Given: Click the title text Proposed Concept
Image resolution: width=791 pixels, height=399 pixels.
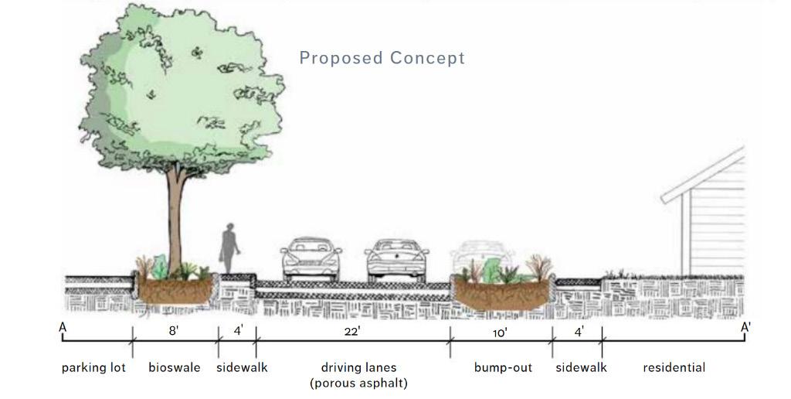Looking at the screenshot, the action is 382,58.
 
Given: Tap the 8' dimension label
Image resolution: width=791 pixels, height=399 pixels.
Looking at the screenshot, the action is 175,331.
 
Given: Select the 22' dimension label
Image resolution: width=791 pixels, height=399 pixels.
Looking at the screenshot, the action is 352,331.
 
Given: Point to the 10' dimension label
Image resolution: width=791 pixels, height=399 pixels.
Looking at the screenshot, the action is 500,333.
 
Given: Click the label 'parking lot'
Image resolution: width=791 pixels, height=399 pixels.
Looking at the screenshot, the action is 93,367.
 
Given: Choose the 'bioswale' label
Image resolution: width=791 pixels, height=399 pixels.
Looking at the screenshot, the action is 174,367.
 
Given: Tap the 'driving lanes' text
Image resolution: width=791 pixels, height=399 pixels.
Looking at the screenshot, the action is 358,367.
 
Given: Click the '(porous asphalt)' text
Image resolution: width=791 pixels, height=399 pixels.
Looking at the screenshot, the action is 358,383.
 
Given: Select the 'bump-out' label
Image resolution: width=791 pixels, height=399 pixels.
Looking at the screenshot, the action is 503,367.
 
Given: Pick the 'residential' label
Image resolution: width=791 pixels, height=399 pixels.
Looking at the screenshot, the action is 674,367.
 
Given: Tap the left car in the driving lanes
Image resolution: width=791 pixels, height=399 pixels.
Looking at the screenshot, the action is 311,258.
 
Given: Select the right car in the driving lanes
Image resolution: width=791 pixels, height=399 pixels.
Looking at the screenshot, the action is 397,258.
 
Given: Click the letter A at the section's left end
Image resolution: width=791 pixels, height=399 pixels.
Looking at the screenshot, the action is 63,327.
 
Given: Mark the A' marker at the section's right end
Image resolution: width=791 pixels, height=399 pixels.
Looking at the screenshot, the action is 745,327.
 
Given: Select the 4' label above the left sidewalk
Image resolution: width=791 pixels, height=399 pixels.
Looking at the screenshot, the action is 239,331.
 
